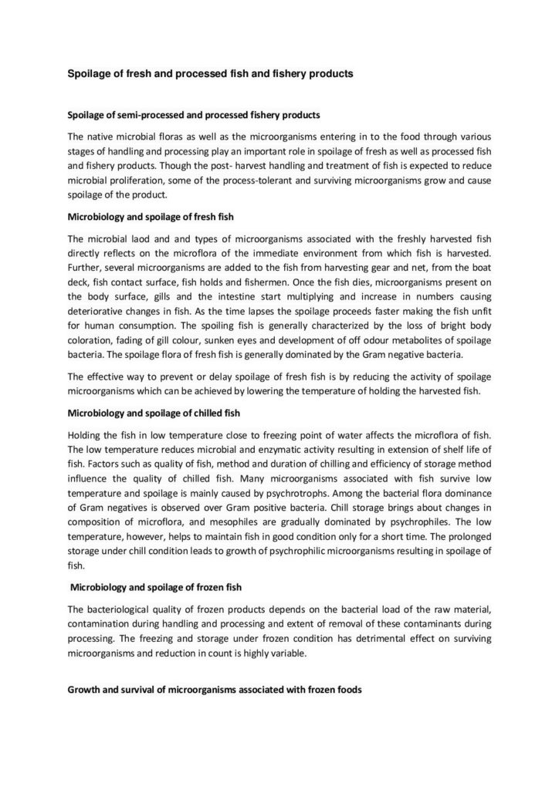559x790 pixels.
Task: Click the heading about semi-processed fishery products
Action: (194, 114)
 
